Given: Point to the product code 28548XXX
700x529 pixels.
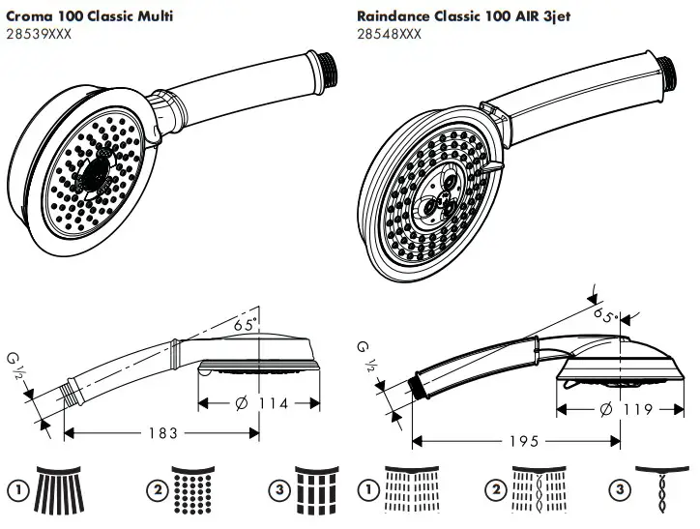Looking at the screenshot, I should tap(389, 34).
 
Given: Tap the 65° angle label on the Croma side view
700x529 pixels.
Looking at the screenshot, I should tap(246, 327).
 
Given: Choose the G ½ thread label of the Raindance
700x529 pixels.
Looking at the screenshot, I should tap(368, 353).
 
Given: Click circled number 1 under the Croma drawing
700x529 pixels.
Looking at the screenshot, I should tap(16, 490).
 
